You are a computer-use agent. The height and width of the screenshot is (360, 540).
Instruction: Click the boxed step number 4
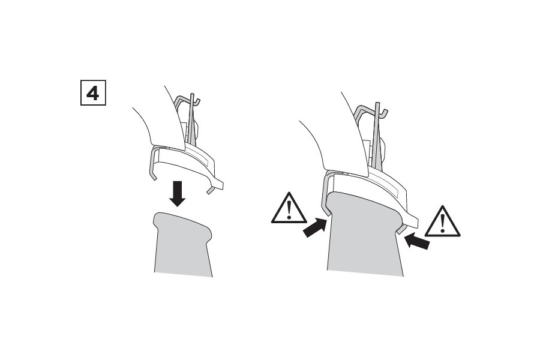93,92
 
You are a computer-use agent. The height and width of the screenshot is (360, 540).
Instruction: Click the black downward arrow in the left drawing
178,194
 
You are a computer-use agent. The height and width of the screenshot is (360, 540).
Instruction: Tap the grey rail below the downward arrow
182,244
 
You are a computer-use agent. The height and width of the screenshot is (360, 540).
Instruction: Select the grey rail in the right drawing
364,234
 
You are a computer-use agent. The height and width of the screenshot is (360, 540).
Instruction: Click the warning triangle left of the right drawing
289,208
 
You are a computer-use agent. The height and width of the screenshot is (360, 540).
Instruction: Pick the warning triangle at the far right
442,221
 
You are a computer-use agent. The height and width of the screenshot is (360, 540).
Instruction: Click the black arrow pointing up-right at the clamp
314,227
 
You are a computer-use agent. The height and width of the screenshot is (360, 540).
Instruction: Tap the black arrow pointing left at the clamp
417,241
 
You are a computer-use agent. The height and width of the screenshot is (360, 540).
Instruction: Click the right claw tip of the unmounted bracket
209,191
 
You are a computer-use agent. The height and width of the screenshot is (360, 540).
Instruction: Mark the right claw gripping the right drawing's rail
401,229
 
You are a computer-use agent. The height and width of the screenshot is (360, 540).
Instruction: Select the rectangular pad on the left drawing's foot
200,157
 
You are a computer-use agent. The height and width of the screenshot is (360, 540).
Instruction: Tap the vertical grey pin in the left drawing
192,119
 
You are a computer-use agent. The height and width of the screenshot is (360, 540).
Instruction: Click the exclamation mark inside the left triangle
289,210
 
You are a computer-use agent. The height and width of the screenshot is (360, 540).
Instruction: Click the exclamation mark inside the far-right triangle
443,223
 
